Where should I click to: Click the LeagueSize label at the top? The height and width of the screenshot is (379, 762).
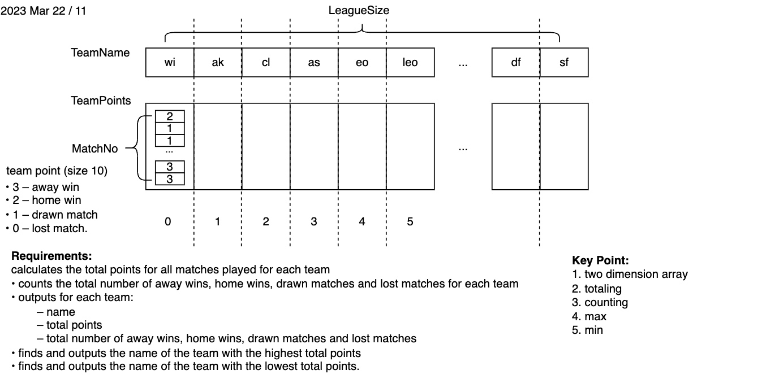click(x=359, y=10)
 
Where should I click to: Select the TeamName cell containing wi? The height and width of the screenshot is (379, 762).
click(x=170, y=62)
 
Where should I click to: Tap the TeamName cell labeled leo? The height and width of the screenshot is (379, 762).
click(x=410, y=62)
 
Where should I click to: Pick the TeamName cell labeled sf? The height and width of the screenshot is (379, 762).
click(x=564, y=62)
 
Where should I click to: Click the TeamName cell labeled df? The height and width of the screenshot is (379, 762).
click(x=516, y=62)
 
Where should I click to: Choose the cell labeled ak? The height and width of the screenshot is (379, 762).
click(x=218, y=62)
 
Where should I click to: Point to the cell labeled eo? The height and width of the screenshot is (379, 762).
click(x=362, y=62)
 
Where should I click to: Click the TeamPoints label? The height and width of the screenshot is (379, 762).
click(x=101, y=101)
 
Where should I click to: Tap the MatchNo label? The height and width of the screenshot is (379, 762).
click(x=95, y=149)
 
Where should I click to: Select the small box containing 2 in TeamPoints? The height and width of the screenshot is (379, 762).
click(x=169, y=117)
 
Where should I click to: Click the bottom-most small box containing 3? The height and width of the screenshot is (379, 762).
click(x=169, y=179)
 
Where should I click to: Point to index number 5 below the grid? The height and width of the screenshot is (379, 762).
click(x=410, y=221)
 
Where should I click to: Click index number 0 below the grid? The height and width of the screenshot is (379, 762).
click(x=167, y=221)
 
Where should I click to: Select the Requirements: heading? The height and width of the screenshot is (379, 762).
click(x=51, y=256)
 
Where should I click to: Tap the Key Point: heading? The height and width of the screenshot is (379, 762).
click(x=600, y=260)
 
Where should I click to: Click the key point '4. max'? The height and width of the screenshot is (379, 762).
click(x=589, y=316)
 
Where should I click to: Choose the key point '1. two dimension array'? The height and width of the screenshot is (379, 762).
click(x=630, y=274)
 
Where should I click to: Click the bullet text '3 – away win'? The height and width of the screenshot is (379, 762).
click(x=46, y=187)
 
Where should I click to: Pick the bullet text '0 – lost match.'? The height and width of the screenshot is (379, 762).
click(x=50, y=229)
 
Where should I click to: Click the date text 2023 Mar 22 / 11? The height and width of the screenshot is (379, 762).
click(x=44, y=10)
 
